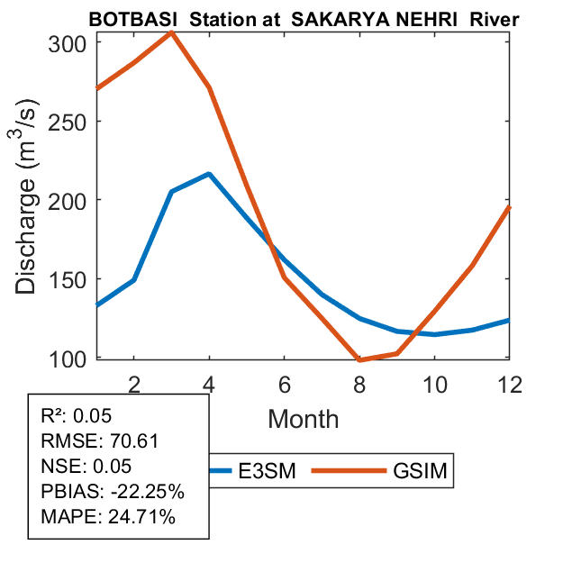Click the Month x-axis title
click(x=304, y=418)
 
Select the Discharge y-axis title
click(x=29, y=200)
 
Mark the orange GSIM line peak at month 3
click(x=171, y=32)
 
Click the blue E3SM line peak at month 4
click(x=209, y=174)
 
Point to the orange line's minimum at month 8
click(x=359, y=359)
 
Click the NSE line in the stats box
click(x=88, y=467)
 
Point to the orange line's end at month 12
click(x=510, y=207)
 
